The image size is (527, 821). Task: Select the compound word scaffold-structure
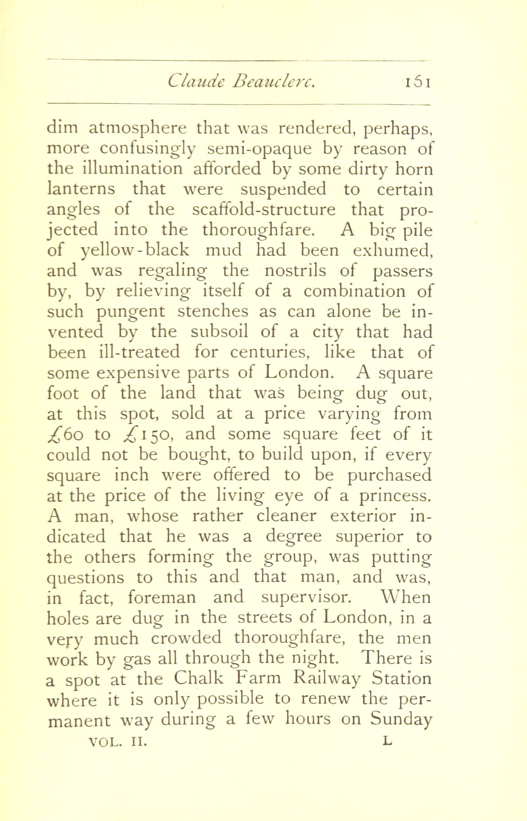264,210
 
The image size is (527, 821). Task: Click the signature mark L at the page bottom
387,741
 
